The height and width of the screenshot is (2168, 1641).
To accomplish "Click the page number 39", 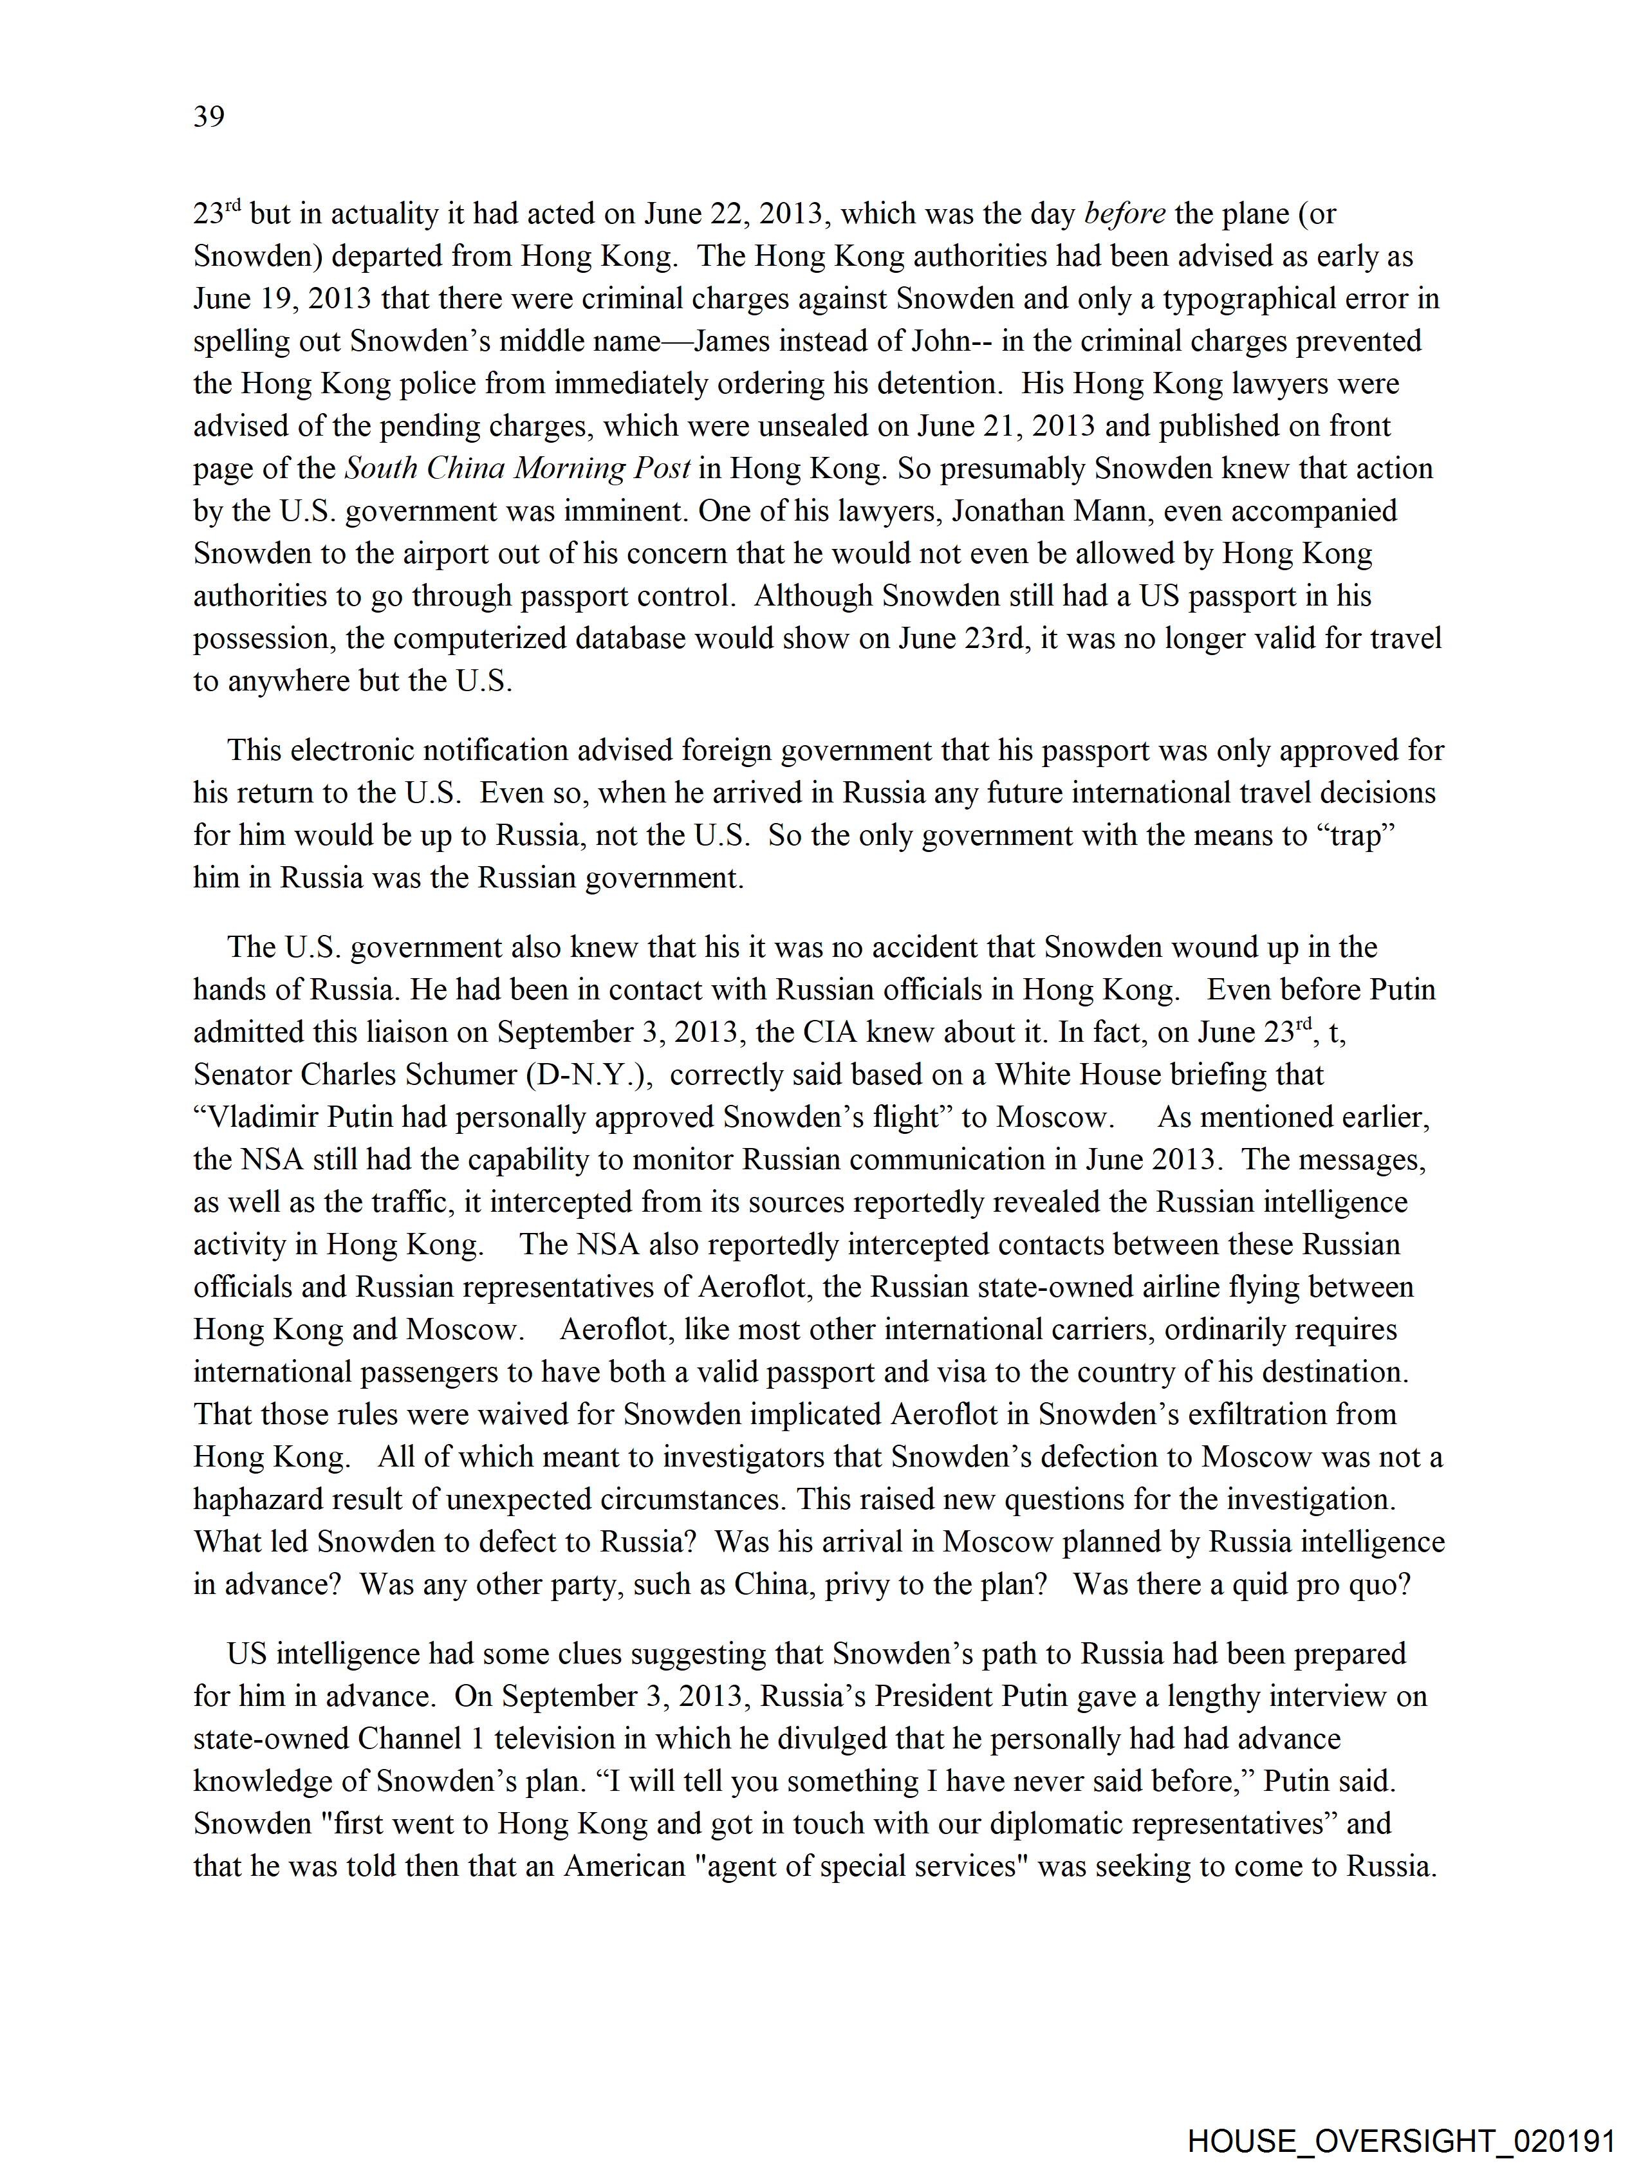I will pyautogui.click(x=209, y=116).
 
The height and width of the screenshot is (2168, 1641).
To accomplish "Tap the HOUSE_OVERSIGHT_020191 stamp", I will pyautogui.click(x=1401, y=2140).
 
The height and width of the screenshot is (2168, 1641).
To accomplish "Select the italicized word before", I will pyautogui.click(x=1124, y=214).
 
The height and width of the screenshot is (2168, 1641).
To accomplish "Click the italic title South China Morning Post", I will pyautogui.click(x=517, y=468).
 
